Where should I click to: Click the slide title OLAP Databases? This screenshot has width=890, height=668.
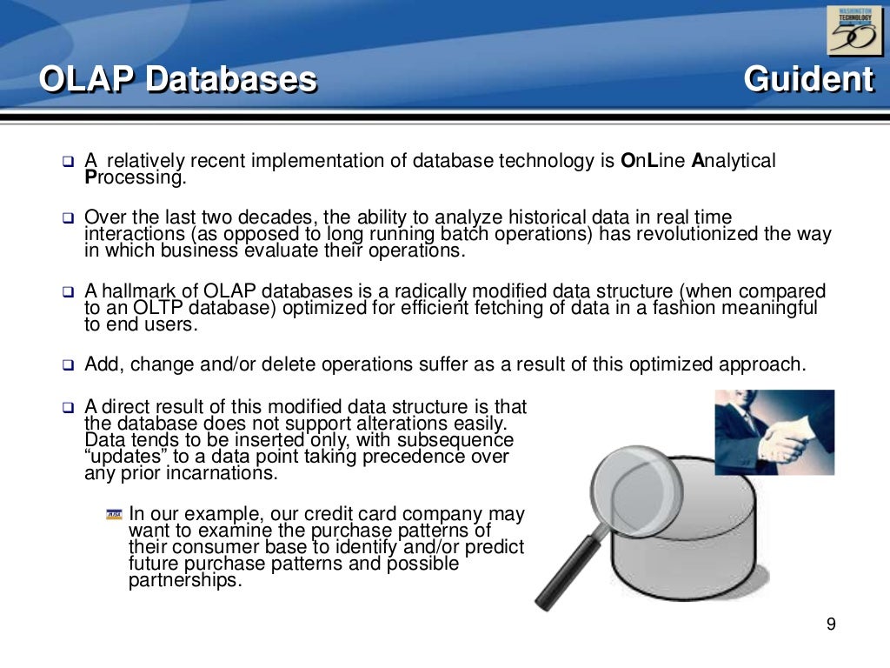click(x=178, y=80)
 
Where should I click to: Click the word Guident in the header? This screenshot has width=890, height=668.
click(x=808, y=80)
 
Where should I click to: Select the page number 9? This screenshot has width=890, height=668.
click(x=831, y=625)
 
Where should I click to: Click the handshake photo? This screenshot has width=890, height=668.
click(x=774, y=432)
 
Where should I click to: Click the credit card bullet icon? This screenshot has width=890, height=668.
click(x=114, y=515)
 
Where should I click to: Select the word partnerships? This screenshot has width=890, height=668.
click(x=183, y=581)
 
